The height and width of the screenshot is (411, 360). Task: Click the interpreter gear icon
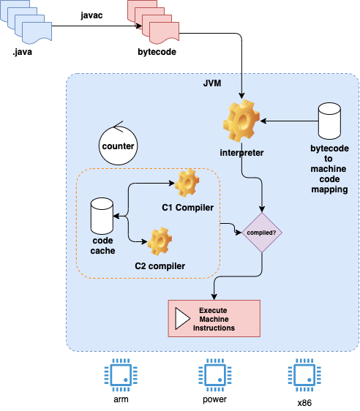click(x=241, y=121)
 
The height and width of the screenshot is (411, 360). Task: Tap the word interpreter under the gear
click(x=241, y=153)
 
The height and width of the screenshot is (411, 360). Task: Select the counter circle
click(x=118, y=145)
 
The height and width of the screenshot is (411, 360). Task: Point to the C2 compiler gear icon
click(x=159, y=241)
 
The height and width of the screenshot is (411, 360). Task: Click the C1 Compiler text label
click(x=187, y=208)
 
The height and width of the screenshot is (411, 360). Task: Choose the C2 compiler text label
click(x=160, y=265)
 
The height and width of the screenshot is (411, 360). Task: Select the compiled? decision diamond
click(x=262, y=233)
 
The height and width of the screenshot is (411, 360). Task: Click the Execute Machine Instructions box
click(x=214, y=318)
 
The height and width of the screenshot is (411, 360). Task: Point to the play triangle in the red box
click(x=181, y=318)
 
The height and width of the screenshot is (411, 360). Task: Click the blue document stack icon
click(x=30, y=20)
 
